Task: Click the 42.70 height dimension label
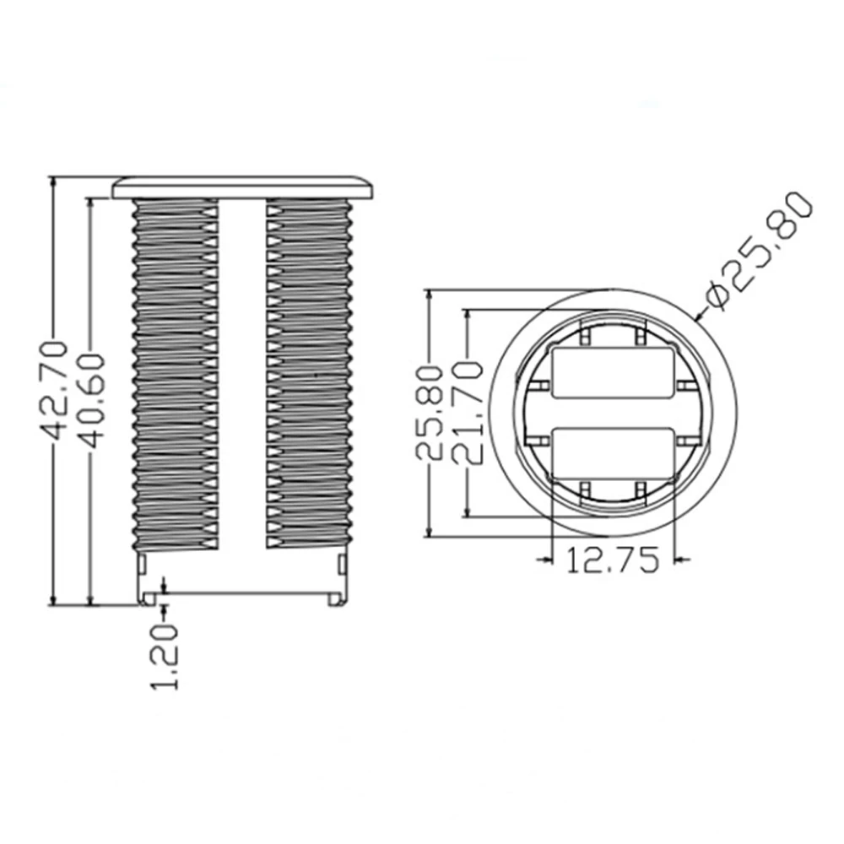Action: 54,389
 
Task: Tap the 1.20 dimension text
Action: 165,657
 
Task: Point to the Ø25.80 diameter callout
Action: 760,249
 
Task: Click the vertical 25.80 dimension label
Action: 430,413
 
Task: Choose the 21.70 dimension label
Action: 466,413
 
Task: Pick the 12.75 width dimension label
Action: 613,560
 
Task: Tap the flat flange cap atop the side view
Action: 242,187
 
